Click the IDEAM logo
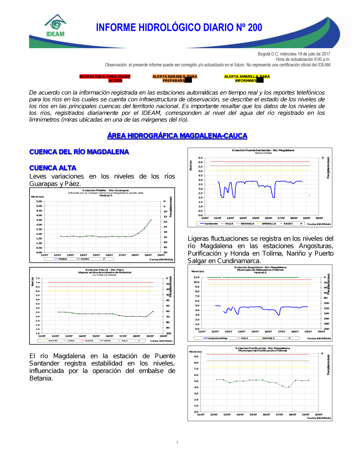coord(55,26)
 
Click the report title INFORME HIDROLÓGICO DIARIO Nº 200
coord(179,28)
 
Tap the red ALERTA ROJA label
coord(105,78)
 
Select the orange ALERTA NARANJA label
coord(175,78)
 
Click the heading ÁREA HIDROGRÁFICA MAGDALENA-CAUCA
coord(177,136)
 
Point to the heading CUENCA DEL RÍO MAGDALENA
coord(79,152)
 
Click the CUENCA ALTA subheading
coord(53,168)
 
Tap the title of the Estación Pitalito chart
coord(105,191)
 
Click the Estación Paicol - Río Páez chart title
coord(104,270)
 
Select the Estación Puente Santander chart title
coord(263,150)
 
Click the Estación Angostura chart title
coord(260,268)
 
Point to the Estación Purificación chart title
coord(262,348)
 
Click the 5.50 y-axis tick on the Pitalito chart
coord(39,201)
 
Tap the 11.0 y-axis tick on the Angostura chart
coord(196,277)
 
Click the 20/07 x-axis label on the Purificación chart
coord(319,415)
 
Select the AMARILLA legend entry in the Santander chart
coord(269,224)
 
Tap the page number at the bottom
coord(177,442)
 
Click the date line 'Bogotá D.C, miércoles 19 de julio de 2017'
coord(294,54)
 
